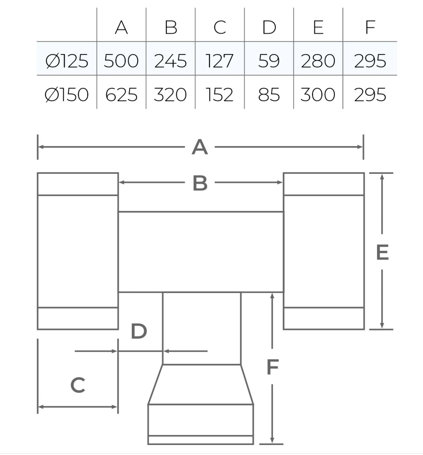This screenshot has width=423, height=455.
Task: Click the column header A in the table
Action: [121, 27]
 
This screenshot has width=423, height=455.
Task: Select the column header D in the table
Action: [269, 27]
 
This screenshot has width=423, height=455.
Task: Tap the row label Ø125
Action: [67, 61]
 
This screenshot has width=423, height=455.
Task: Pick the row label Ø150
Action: [66, 94]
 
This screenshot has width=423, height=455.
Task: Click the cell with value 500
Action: [121, 61]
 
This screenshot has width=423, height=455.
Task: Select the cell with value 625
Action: [121, 94]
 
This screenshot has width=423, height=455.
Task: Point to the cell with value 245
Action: [171, 61]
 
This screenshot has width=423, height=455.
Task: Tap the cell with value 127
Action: [220, 61]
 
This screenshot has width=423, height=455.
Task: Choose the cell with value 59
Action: [269, 61]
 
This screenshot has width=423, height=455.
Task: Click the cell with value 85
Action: [269, 94]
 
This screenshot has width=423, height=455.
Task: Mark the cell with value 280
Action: [318, 61]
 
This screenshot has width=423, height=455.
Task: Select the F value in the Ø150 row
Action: [370, 94]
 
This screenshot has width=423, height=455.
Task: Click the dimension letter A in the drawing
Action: [200, 147]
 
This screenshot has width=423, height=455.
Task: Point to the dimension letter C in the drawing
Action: [78, 385]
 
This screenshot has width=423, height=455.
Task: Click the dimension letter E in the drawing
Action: [383, 252]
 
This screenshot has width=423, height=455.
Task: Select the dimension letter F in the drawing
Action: [273, 367]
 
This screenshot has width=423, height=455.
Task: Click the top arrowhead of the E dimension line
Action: [382, 177]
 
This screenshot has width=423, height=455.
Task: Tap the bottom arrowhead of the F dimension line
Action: [272, 440]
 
